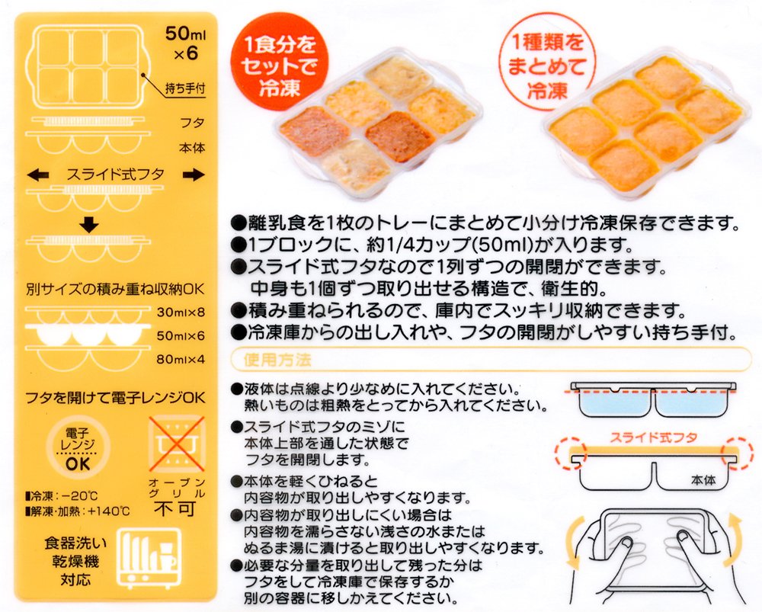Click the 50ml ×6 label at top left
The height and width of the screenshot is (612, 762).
pos(186,43)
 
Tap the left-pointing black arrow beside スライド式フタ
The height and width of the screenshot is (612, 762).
pos(38,175)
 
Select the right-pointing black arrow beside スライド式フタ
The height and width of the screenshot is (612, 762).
pos(194,175)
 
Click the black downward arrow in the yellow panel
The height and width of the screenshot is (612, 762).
pos(89,224)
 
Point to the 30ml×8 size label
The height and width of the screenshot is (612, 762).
pos(181,312)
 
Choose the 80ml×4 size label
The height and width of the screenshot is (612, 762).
pos(181,360)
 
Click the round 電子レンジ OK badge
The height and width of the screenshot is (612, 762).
pos(78,447)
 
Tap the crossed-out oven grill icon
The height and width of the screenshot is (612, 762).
pos(177,443)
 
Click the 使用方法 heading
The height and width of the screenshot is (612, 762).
pos(277,360)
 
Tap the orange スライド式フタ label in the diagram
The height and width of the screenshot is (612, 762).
pos(653,437)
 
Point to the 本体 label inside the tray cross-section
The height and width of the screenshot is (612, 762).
pos(703,480)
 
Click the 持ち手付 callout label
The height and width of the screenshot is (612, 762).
pos(185,88)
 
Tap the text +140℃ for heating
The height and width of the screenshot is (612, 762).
pos(108,511)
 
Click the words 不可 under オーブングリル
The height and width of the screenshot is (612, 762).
pos(175,508)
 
